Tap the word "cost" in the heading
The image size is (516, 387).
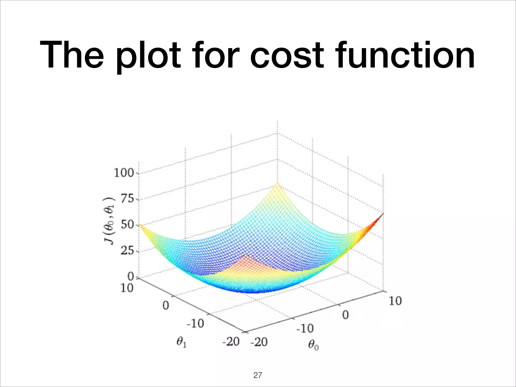287,56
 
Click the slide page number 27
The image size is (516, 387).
257,375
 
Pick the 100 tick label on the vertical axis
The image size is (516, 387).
124,173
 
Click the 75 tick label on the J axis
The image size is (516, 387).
127,199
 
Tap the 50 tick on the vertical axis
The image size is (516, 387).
127,225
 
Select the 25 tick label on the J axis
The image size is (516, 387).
127,251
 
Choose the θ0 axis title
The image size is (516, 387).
313,345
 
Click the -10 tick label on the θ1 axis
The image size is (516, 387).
195,323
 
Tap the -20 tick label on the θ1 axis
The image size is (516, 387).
231,342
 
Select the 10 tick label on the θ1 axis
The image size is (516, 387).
127,288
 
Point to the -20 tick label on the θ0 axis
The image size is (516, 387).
259,342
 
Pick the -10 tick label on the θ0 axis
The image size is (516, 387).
305,328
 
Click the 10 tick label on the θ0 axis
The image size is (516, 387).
395,301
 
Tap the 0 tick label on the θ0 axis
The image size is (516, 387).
345,315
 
